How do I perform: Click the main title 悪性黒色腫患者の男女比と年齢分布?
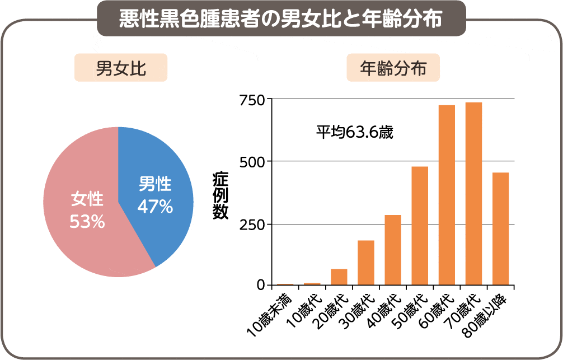[x=281, y=18]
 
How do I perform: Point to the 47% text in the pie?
[x=155, y=207]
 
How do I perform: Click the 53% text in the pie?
[x=87, y=222]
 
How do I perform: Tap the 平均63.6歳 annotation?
[x=354, y=133]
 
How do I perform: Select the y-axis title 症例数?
[x=220, y=196]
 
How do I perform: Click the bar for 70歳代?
[x=473, y=194]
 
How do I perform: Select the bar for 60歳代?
[x=447, y=195]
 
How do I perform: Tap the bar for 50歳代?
[x=420, y=226]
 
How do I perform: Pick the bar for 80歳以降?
[x=500, y=229]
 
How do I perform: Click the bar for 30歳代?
[x=366, y=263]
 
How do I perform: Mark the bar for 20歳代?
[x=339, y=277]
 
